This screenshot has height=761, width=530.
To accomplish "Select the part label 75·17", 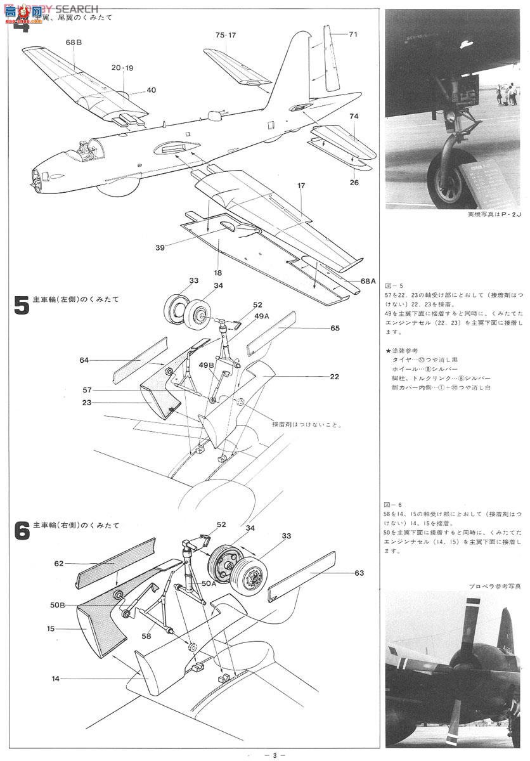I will coord(225,36).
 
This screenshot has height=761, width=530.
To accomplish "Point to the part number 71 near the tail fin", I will coord(353,34).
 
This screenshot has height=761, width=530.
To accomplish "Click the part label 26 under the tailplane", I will coord(354,183).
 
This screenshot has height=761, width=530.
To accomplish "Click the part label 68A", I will coord(368,280).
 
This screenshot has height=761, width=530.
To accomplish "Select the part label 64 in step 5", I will coord(84,360).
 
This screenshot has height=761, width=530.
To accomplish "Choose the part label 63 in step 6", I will coord(359,573).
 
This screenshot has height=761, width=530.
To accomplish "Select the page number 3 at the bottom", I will coord(274,754).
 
